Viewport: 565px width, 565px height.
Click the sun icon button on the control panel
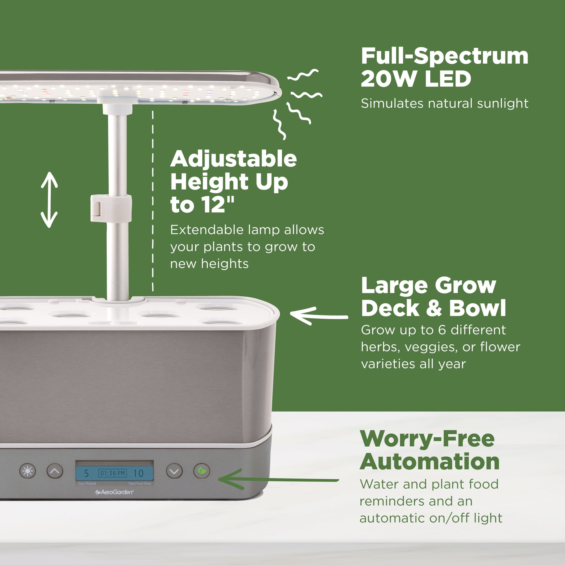click(x=27, y=471)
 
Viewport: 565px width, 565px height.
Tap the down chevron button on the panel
click(x=174, y=471)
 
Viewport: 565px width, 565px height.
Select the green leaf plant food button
click(x=202, y=471)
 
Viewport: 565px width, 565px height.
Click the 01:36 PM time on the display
click(x=113, y=473)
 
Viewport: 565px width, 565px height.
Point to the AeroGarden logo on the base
click(x=115, y=492)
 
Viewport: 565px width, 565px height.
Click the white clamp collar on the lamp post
click(x=111, y=208)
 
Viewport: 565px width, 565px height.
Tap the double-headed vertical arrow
click(x=49, y=200)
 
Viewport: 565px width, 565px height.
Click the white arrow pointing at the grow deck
click(x=319, y=316)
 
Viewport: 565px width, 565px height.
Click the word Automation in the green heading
click(x=429, y=462)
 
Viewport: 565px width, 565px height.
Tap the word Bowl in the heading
click(x=477, y=308)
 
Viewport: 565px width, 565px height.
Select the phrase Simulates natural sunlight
click(x=444, y=103)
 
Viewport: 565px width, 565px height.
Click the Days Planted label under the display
click(x=87, y=484)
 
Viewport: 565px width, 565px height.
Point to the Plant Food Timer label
click(x=140, y=484)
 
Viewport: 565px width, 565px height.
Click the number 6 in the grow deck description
click(x=442, y=330)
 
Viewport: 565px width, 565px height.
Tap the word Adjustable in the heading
click(x=233, y=159)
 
